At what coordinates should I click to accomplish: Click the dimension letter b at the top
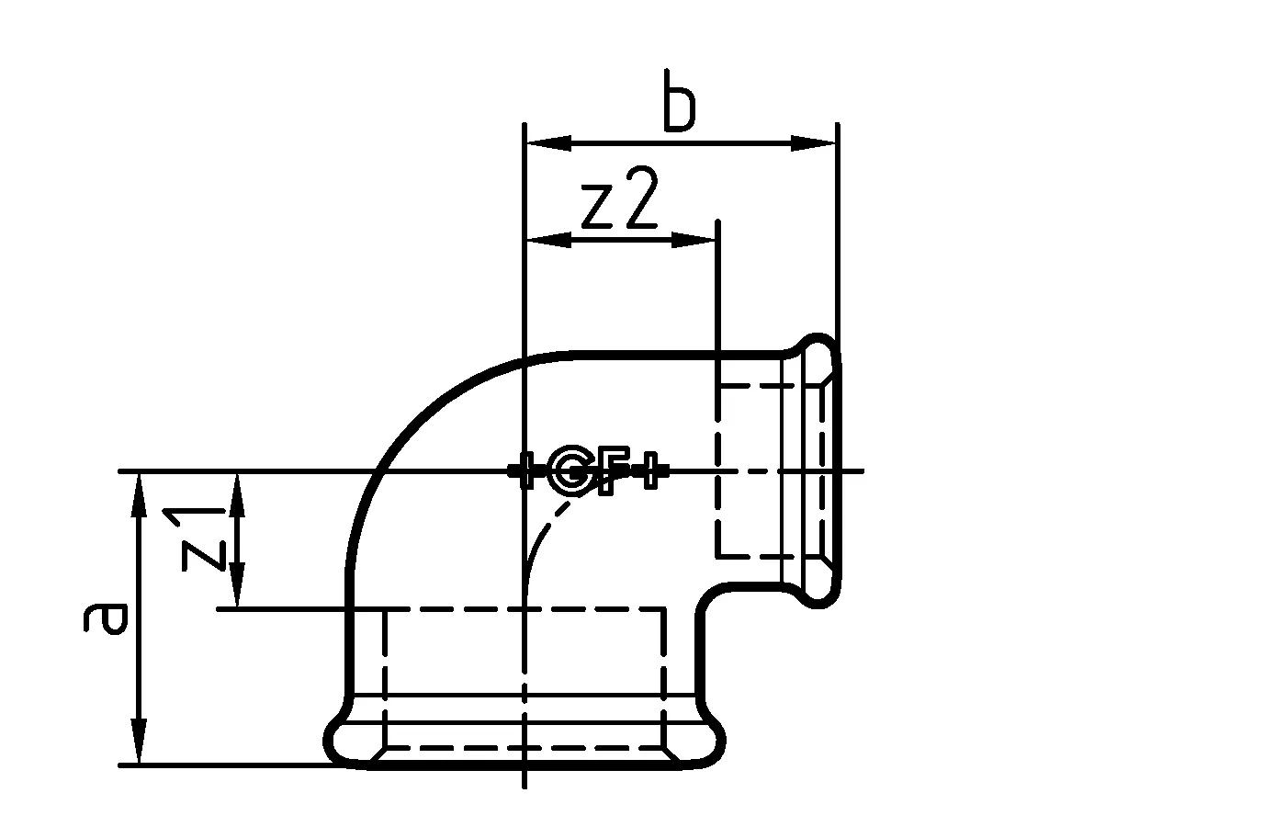680,108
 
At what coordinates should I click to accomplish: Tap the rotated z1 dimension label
203,539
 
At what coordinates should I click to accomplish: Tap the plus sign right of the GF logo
653,471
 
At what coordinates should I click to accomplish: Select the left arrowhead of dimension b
547,143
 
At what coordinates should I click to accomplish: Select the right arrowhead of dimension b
814,143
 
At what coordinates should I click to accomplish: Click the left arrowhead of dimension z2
547,240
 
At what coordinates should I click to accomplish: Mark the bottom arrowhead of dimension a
139,741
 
